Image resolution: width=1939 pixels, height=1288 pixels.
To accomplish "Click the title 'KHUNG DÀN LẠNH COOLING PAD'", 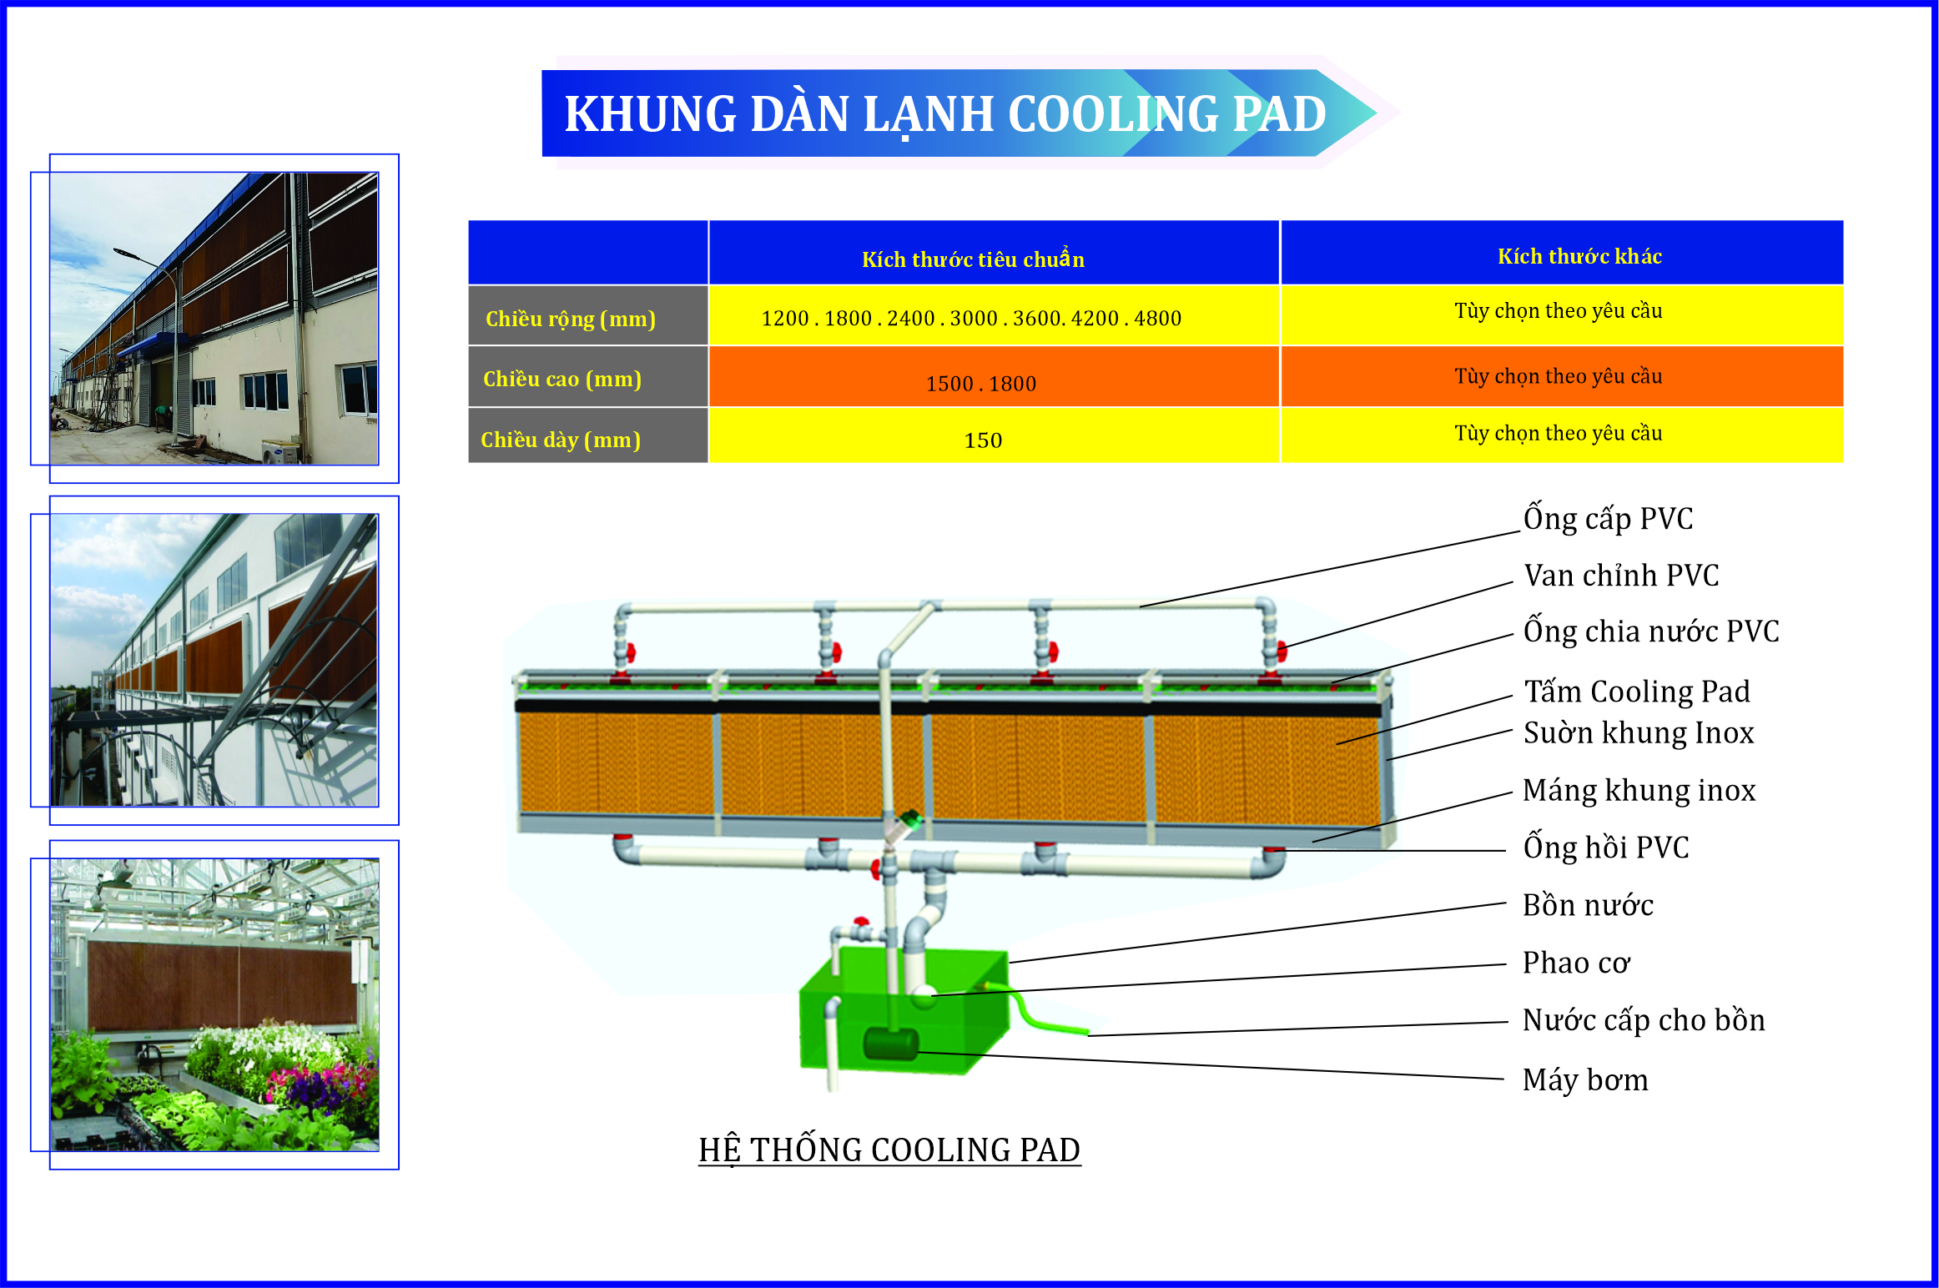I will coord(944,113).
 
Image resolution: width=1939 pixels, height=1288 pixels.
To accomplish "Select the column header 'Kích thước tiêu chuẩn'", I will coord(973,259).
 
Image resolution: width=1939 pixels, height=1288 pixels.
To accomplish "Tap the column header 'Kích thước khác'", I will coord(1579,256).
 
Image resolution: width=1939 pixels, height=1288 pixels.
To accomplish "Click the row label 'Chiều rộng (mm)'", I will coord(571,319).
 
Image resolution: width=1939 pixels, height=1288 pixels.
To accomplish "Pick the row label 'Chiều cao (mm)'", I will coord(562,380).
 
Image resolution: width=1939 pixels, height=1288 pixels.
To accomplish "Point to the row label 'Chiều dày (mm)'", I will coord(561,440).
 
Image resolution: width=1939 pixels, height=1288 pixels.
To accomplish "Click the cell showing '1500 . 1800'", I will coord(981,384).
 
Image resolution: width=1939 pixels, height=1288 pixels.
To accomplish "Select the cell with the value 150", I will coord(983,440).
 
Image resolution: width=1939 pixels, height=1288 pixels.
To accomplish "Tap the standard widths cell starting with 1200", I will coord(971,319).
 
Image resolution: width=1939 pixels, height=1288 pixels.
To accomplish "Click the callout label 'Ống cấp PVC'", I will coord(1608,519).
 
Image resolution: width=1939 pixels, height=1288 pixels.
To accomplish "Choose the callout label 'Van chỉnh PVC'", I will coord(1621,576).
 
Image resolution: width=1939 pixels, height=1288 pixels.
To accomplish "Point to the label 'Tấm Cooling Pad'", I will coord(1637,692).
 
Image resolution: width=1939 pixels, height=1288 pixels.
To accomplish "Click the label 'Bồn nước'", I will coord(1588,905).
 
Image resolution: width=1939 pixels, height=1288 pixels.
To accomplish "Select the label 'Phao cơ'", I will coord(1576,963).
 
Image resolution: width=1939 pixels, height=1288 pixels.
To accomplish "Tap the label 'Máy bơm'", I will coord(1585,1080).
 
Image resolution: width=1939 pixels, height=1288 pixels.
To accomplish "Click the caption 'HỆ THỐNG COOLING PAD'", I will coord(889,1150).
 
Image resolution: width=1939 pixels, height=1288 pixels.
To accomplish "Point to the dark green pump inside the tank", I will coord(890,1044).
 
